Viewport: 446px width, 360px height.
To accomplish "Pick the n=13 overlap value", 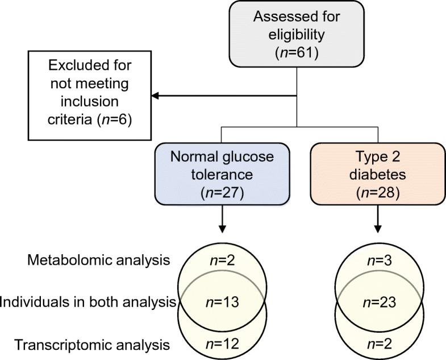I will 222,302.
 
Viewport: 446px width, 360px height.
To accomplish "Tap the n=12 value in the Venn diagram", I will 222,344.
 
